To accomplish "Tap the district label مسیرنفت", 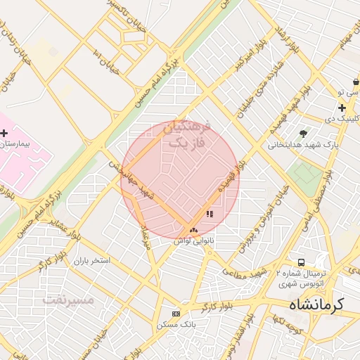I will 68,300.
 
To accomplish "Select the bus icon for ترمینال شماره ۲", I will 301,262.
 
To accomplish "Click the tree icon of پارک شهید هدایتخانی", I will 303,133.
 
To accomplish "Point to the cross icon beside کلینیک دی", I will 342,108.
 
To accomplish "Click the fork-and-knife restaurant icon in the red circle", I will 209,214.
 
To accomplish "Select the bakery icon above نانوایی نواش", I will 193,229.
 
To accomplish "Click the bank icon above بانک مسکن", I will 176,314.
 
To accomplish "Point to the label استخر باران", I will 91,260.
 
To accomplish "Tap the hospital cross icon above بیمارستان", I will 4,132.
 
